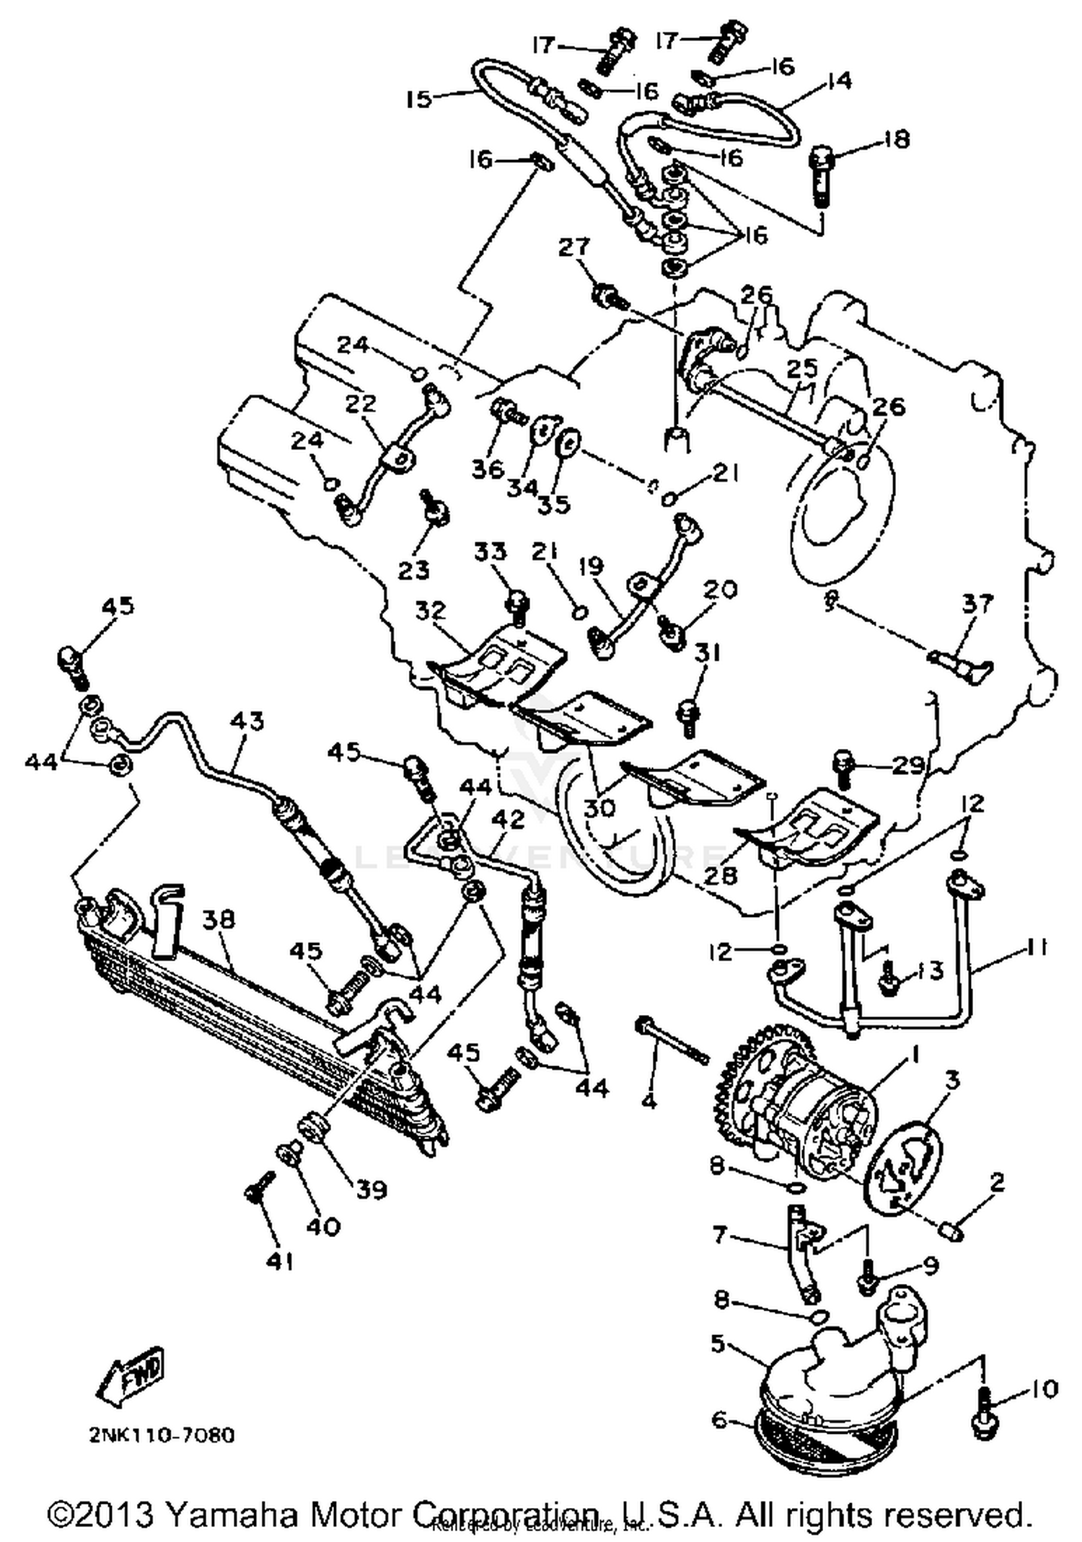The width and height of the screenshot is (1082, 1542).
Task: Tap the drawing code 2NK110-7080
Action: (x=162, y=1435)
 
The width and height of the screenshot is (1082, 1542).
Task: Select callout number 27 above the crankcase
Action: (x=574, y=247)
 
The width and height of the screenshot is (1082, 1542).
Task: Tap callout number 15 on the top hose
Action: (x=418, y=98)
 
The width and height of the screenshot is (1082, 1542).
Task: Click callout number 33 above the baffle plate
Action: (x=491, y=551)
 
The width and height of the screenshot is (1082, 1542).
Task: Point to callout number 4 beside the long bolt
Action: (x=648, y=1101)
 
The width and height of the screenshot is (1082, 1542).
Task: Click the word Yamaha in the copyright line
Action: (x=231, y=1514)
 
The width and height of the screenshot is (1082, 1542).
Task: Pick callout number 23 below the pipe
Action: (x=413, y=570)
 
